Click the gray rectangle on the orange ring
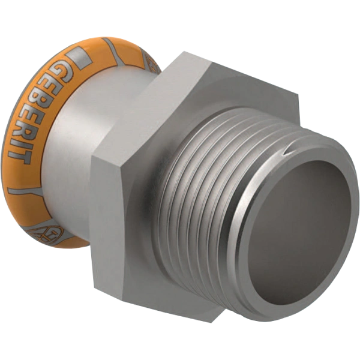[80, 58]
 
